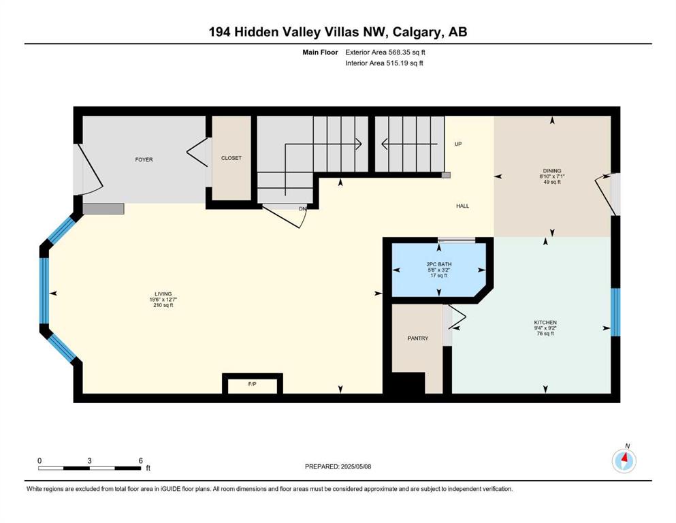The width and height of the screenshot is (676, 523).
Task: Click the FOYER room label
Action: point(144,159)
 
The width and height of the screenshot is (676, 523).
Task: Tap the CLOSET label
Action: point(231,158)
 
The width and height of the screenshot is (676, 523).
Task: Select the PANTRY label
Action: point(418,338)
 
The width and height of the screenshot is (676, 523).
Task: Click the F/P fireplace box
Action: point(253,383)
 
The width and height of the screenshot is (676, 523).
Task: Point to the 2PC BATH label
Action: point(439,264)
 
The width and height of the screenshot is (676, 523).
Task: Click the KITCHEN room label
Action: point(545,323)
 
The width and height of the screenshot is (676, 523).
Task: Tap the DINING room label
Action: point(552,171)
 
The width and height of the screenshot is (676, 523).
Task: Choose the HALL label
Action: point(463,206)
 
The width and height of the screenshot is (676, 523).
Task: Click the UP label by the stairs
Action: point(458,144)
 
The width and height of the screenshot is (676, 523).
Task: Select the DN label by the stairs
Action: point(303,208)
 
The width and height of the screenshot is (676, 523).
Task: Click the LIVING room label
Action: point(163,294)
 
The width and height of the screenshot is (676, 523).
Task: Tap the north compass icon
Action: point(624,460)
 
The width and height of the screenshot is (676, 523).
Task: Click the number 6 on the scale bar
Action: point(140,460)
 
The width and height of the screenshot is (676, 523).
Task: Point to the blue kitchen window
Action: point(615,312)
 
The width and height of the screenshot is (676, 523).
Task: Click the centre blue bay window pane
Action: point(44,290)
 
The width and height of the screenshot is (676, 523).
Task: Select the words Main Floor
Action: point(320,52)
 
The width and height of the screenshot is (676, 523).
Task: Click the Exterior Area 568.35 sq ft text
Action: point(385,52)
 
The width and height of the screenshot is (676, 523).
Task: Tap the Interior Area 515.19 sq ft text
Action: point(384,63)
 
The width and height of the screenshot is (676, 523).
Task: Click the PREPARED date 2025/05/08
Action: point(355,466)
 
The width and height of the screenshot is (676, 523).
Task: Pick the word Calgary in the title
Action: point(417,32)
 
